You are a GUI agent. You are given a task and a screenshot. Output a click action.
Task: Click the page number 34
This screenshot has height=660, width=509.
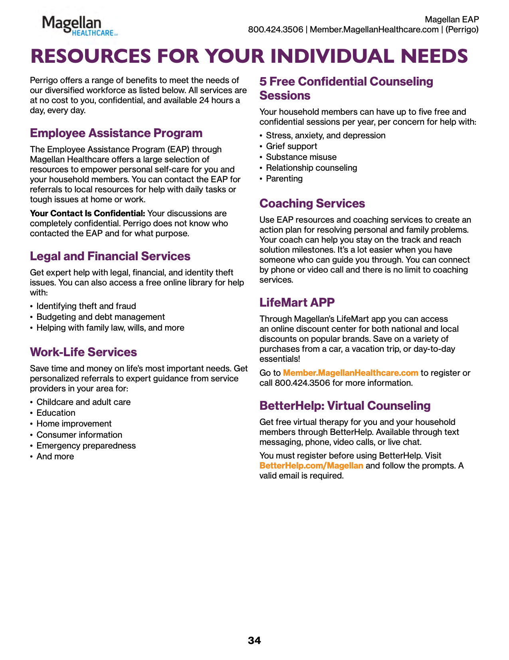pos(254,640)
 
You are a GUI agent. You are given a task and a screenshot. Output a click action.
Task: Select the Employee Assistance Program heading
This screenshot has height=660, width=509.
pos(116,133)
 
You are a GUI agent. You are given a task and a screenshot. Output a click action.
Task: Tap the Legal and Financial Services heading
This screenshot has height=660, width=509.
pos(110,256)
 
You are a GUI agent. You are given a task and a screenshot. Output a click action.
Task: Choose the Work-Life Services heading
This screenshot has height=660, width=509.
pos(83,352)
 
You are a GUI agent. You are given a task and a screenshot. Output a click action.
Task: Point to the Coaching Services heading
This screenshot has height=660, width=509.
pos(312,203)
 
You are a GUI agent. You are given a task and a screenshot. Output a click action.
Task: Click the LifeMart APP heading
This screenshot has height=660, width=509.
pos(297,303)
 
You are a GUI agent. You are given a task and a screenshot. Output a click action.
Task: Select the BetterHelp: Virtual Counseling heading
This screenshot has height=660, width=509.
pos(345,406)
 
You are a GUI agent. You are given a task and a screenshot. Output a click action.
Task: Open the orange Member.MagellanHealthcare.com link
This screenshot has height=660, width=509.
pos(351,373)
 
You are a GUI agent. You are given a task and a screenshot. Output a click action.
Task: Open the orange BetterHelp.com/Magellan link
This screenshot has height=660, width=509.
pos(311,466)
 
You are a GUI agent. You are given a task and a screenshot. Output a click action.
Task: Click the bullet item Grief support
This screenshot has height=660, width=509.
pos(291,146)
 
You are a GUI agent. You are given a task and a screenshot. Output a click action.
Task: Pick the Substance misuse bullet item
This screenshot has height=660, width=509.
pos(301,157)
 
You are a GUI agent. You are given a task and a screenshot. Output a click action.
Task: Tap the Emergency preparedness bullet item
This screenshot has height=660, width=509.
pos(86,446)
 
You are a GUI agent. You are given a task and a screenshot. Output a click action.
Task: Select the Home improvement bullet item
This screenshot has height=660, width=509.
pos(74,424)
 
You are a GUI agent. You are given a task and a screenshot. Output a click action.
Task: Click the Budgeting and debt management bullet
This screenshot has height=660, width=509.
pos(101,317)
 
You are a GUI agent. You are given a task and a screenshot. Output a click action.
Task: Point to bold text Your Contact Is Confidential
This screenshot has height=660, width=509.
pos(87,213)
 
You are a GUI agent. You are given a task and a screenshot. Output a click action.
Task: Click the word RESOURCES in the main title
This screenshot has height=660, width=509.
pos(91,56)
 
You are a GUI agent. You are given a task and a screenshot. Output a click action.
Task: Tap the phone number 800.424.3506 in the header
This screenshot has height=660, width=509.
pos(275,30)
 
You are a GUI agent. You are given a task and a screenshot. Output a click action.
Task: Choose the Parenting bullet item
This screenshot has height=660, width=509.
pos(284,179)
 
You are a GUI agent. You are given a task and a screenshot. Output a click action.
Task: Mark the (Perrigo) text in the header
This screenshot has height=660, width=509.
pos(462,30)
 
